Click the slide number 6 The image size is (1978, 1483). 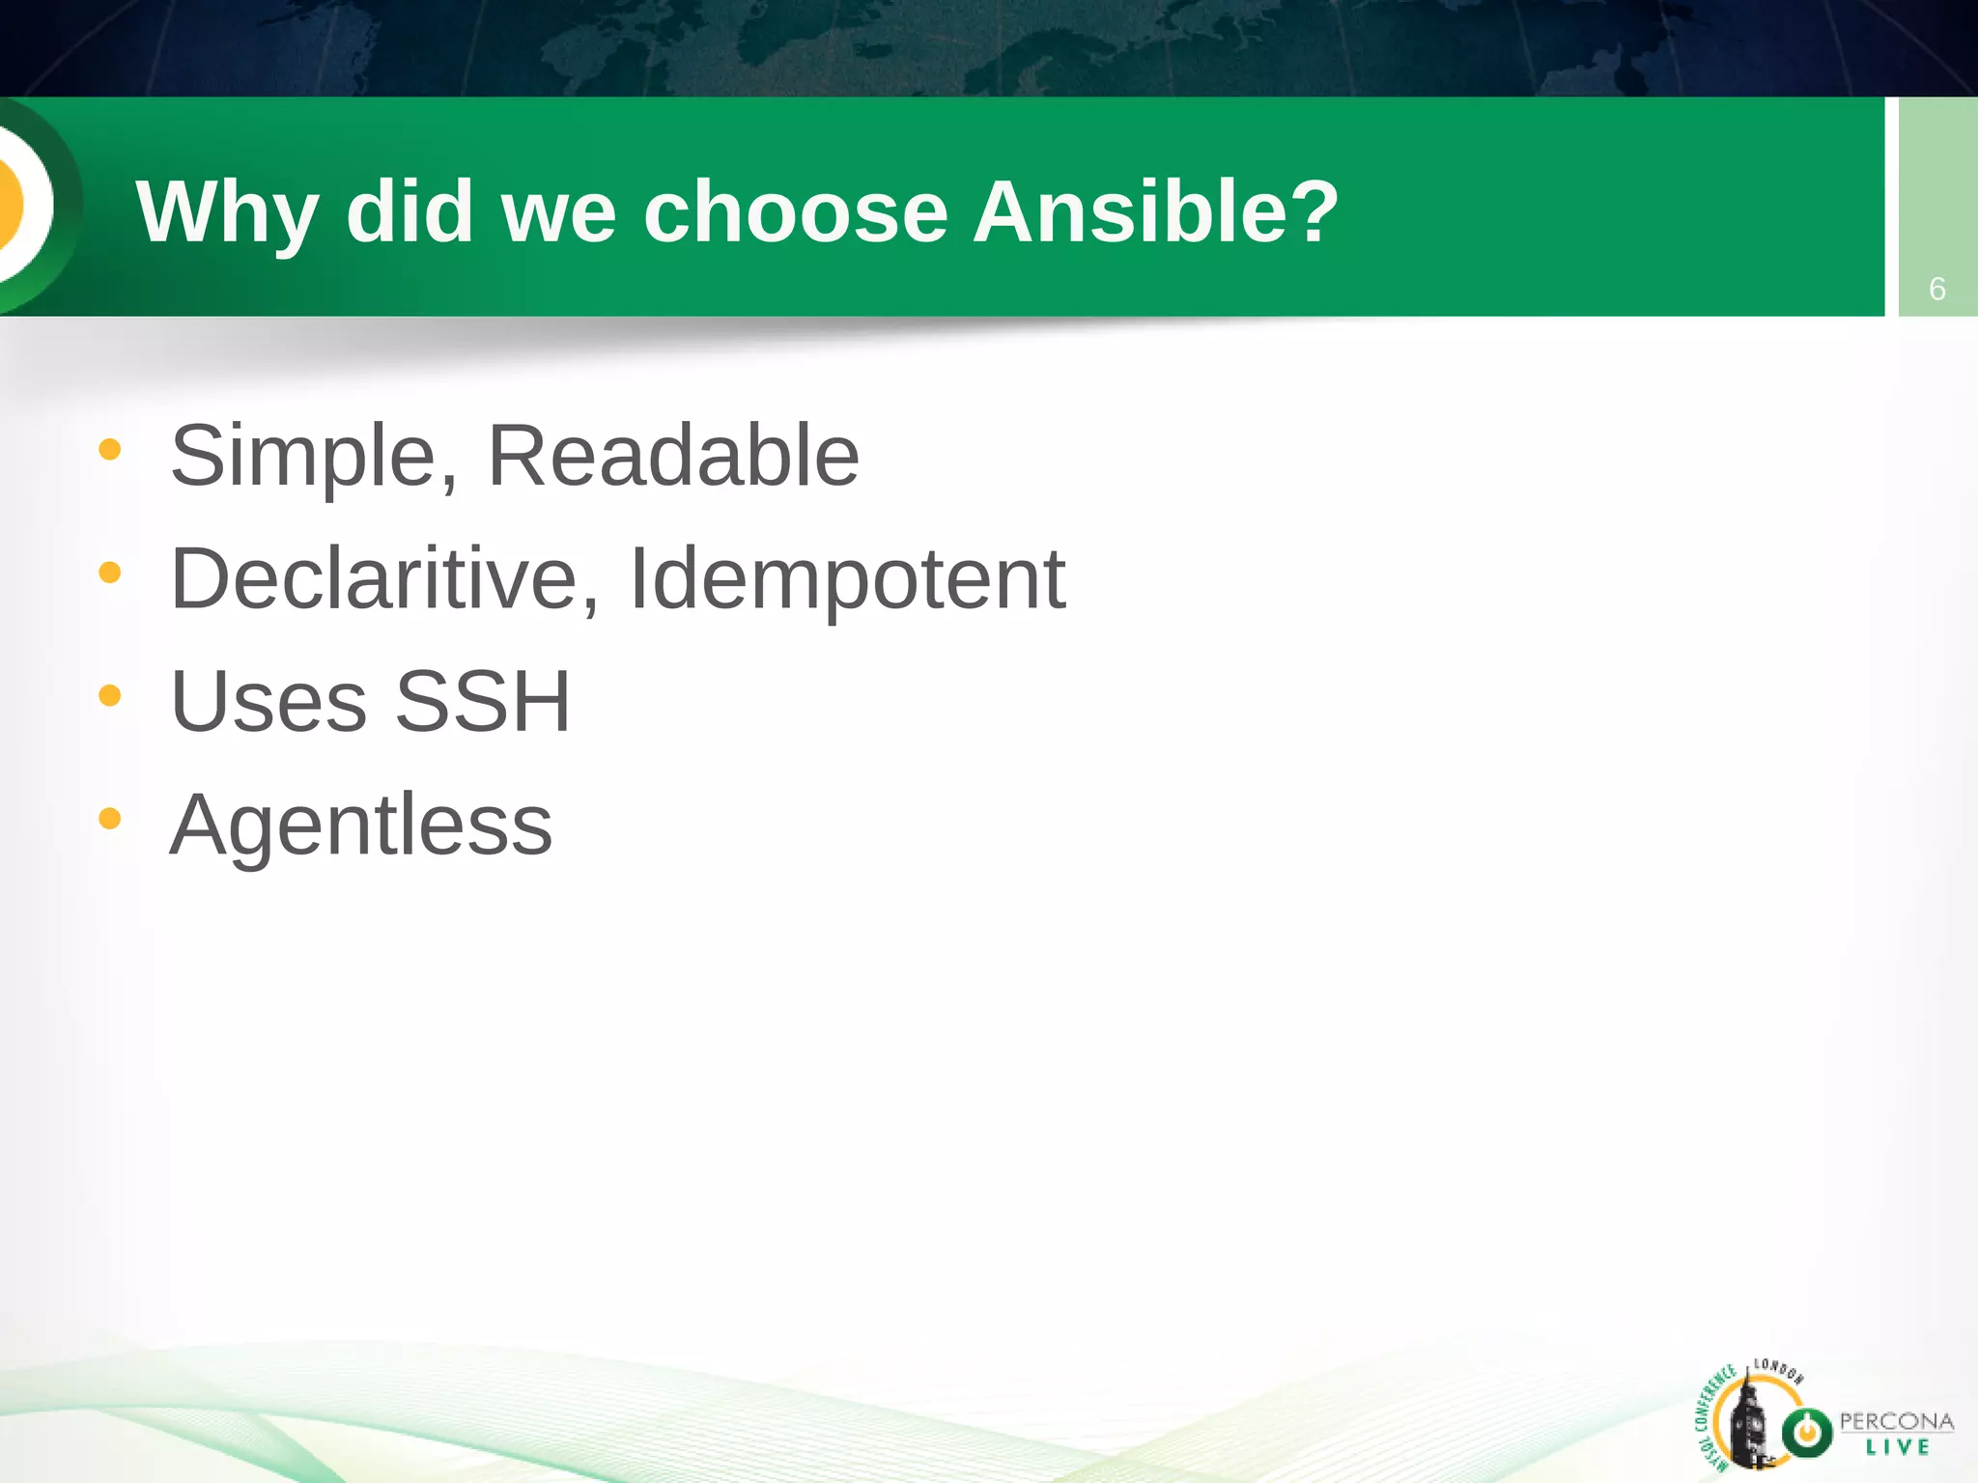[x=1936, y=289]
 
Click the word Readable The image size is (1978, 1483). [x=673, y=456]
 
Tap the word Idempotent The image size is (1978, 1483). [x=847, y=578]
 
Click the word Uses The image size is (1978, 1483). [x=268, y=701]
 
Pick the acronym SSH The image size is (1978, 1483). [x=483, y=701]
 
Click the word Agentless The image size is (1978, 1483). [x=360, y=825]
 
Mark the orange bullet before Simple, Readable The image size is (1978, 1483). [x=110, y=449]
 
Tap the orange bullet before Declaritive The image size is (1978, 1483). [x=110, y=573]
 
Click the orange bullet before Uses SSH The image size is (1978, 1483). [x=110, y=695]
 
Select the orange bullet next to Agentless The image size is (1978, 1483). [x=110, y=819]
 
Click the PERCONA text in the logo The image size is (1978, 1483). [x=1896, y=1421]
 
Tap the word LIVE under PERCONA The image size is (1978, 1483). [x=1897, y=1447]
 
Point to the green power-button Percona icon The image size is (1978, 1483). [x=1806, y=1432]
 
